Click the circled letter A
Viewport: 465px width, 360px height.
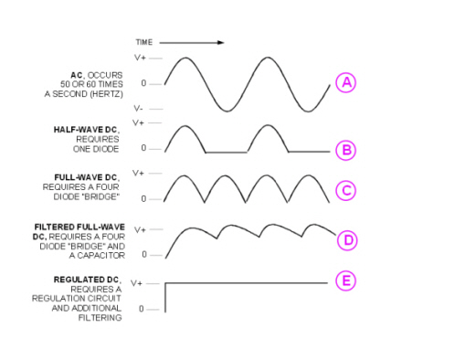tap(346, 82)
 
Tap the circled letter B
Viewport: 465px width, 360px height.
tap(346, 150)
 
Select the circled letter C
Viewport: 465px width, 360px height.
tap(345, 191)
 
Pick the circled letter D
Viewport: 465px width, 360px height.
tap(347, 240)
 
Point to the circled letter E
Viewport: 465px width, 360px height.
tap(345, 281)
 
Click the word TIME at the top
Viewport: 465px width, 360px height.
tap(144, 42)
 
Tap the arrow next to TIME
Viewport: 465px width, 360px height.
tap(192, 43)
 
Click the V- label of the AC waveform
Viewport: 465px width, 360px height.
tap(138, 109)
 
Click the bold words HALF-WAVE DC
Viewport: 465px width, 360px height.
tap(85, 130)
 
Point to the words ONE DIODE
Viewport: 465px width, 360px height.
tap(96, 149)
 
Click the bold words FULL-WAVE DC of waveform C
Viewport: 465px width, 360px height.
tap(86, 177)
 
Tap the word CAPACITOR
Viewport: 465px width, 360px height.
tap(101, 256)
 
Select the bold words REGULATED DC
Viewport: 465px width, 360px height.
tap(86, 280)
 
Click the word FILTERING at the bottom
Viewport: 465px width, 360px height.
tap(100, 318)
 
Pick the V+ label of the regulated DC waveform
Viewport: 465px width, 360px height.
tap(136, 283)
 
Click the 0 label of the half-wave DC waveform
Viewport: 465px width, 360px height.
tap(143, 148)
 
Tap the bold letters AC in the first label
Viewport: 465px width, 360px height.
tap(77, 75)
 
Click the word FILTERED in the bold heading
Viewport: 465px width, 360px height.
tap(55, 228)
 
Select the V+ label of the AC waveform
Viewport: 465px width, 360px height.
tap(140, 58)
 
